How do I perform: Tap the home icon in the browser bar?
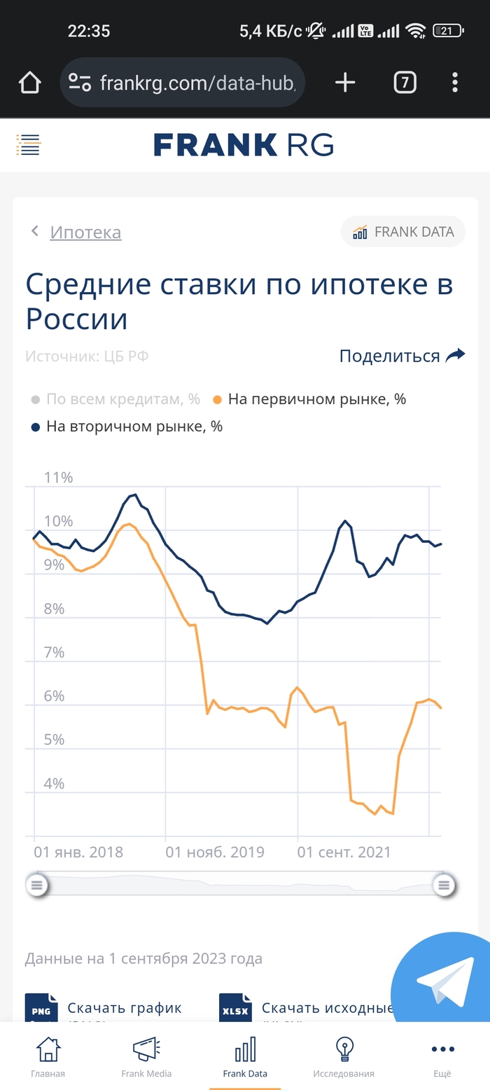coord(29,83)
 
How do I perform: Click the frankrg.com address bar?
coord(183,83)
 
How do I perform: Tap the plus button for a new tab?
coord(345,83)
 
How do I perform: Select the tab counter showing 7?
coord(405,83)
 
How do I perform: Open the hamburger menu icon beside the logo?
coord(29,145)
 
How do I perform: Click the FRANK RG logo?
coord(244,145)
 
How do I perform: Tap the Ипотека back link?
coord(85,232)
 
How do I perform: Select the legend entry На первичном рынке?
coord(316,399)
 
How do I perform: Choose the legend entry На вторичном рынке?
coord(134,426)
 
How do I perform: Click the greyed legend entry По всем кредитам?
coord(122,399)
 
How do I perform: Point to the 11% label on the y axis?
coord(59,478)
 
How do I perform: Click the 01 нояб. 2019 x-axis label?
coord(215,853)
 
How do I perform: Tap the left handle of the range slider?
coord(36,885)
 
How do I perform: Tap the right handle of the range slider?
coord(443,885)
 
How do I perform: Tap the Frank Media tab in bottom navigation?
coord(146,1056)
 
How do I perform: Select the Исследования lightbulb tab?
coord(343,1056)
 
